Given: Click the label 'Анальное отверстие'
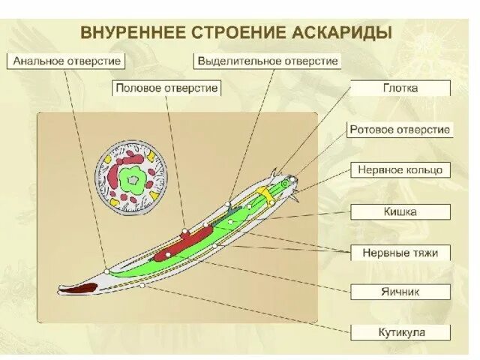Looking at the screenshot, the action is click(67, 61).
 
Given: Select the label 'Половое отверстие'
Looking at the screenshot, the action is click(167, 88).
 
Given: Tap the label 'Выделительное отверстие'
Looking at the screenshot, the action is click(267, 61).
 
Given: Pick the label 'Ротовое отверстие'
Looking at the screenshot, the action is click(400, 130).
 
